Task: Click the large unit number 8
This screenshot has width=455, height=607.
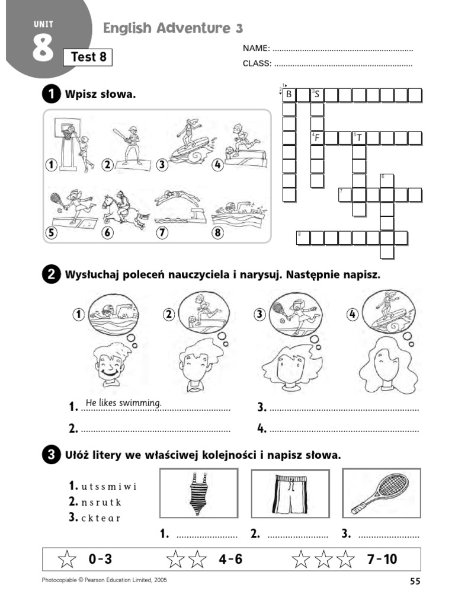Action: (43, 50)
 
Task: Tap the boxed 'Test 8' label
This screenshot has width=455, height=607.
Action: (88, 57)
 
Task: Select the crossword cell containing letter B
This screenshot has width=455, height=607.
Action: (289, 94)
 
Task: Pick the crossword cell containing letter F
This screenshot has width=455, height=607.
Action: (318, 138)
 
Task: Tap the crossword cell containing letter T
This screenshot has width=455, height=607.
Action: (359, 138)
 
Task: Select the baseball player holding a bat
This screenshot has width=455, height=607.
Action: (132, 145)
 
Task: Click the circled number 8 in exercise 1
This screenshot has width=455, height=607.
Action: (218, 233)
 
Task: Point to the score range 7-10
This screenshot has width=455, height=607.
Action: (382, 559)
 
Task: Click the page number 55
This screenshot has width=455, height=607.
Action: (414, 582)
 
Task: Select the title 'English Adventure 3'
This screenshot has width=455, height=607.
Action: (173, 28)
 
